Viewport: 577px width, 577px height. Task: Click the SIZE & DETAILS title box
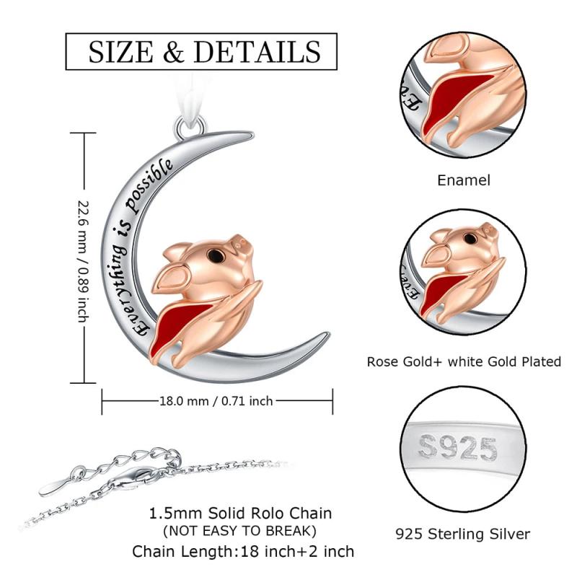tap(201, 51)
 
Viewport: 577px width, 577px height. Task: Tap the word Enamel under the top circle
tap(464, 180)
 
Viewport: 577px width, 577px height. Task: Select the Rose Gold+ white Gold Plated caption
tap(464, 362)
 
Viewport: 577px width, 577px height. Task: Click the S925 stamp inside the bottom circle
tap(458, 447)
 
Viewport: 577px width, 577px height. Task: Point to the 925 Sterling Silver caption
tap(462, 534)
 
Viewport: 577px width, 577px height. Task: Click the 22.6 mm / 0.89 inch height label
tap(84, 261)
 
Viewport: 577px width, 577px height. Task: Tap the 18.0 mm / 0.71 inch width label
tap(216, 400)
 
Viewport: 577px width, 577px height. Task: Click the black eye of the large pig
tap(214, 255)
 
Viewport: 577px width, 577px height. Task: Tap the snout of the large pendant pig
tap(241, 245)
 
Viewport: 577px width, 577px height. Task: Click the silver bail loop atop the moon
tap(190, 127)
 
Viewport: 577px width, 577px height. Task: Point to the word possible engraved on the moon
tap(150, 186)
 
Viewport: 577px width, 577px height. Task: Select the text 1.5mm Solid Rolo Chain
tap(240, 514)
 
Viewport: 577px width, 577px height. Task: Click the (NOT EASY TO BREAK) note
tap(239, 531)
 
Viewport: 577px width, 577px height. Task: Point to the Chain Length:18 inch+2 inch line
tap(243, 552)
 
